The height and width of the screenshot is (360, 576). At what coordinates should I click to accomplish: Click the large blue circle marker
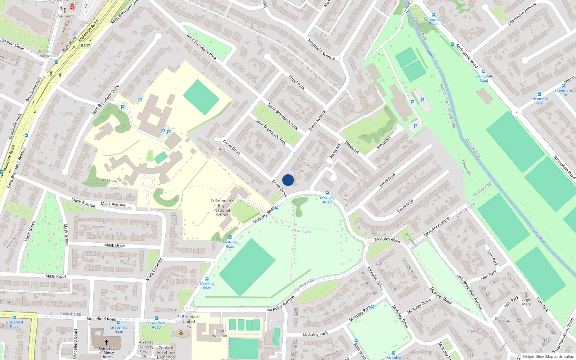[288, 180]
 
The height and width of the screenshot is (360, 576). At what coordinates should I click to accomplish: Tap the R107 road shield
[85, 46]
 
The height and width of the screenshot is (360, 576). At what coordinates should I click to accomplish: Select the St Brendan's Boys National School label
[222, 208]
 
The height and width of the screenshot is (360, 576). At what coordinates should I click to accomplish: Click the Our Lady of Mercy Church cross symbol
[107, 342]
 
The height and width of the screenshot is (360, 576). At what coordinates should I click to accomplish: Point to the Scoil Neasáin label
[220, 333]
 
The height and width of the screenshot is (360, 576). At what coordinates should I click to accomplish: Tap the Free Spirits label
[65, 16]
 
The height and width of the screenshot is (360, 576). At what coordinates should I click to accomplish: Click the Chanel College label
[44, 54]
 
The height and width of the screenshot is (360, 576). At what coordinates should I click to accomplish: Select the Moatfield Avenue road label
[321, 50]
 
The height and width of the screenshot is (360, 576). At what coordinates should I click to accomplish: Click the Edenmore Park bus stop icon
[539, 94]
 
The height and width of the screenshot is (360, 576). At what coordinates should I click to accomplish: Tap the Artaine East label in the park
[301, 231]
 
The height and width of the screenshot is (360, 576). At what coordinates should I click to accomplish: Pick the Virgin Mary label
[526, 302]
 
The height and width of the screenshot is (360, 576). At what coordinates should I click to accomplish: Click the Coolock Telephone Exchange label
[166, 352]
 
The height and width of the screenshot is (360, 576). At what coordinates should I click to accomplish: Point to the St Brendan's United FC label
[189, 321]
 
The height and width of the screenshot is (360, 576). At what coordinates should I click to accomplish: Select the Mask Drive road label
[114, 245]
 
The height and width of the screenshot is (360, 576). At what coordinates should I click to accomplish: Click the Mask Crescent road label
[154, 269]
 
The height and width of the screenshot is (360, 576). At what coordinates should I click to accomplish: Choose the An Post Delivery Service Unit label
[146, 349]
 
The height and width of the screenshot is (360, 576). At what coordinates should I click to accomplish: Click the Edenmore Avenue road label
[522, 13]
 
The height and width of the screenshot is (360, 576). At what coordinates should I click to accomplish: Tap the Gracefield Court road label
[75, 344]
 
